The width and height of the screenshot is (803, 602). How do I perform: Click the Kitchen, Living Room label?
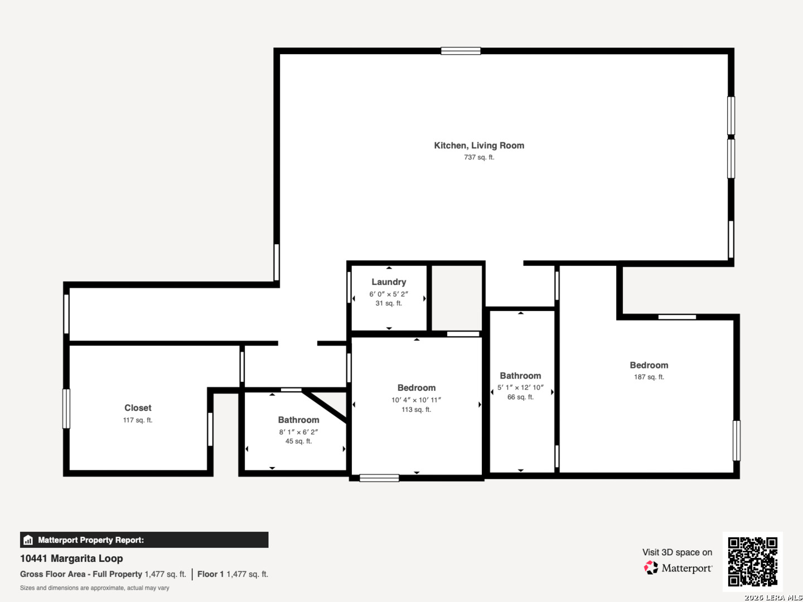(x=479, y=145)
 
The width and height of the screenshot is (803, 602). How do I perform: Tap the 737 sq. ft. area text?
(x=479, y=157)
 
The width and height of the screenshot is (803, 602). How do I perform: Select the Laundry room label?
(x=389, y=282)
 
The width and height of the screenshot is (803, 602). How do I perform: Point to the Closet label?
(x=138, y=407)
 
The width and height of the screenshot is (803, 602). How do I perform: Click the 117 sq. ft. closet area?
(x=138, y=420)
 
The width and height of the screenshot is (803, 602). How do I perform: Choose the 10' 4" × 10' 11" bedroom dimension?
(x=417, y=400)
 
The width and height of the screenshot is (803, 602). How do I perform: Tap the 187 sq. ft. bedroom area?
(x=649, y=377)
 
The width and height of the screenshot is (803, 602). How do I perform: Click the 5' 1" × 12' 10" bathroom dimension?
(x=520, y=387)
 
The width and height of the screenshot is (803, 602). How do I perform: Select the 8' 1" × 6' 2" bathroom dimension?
(x=298, y=431)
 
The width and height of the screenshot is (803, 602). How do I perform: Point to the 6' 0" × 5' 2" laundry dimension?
(x=389, y=294)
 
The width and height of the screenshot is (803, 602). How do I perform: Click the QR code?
(x=752, y=561)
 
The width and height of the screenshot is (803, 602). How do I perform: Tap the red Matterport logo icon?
(x=651, y=567)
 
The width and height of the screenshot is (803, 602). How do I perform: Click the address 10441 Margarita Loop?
(x=71, y=559)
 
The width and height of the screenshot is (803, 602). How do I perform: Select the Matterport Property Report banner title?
(x=91, y=540)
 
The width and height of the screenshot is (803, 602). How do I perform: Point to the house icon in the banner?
(x=28, y=540)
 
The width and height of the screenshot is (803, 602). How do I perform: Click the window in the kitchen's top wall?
(x=461, y=51)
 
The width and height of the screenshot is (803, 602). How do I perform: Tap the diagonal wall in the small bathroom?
(x=325, y=406)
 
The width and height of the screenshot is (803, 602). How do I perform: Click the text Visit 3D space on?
(x=677, y=552)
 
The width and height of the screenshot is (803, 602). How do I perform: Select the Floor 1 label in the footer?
(x=210, y=574)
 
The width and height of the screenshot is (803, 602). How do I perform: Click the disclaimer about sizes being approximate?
(x=94, y=588)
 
